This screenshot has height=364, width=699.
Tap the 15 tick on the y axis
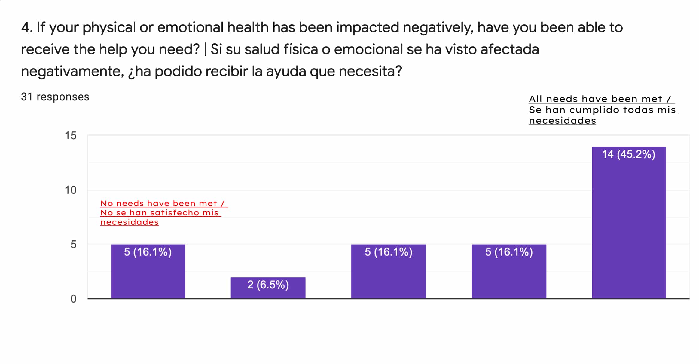coord(71,136)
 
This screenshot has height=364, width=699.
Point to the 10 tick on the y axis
coord(71,190)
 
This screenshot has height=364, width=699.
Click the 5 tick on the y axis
coord(73,245)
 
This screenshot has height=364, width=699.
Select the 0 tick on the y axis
coord(73,299)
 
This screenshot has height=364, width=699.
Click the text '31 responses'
coord(55,97)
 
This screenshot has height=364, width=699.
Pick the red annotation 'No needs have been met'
coord(162,204)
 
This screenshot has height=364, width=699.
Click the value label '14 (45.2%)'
coord(629,154)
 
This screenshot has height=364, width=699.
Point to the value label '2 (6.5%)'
coord(268,285)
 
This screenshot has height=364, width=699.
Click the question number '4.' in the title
coord(26,28)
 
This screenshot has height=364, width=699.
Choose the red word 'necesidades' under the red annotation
coord(129,222)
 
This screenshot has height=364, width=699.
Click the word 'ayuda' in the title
coord(286,72)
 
